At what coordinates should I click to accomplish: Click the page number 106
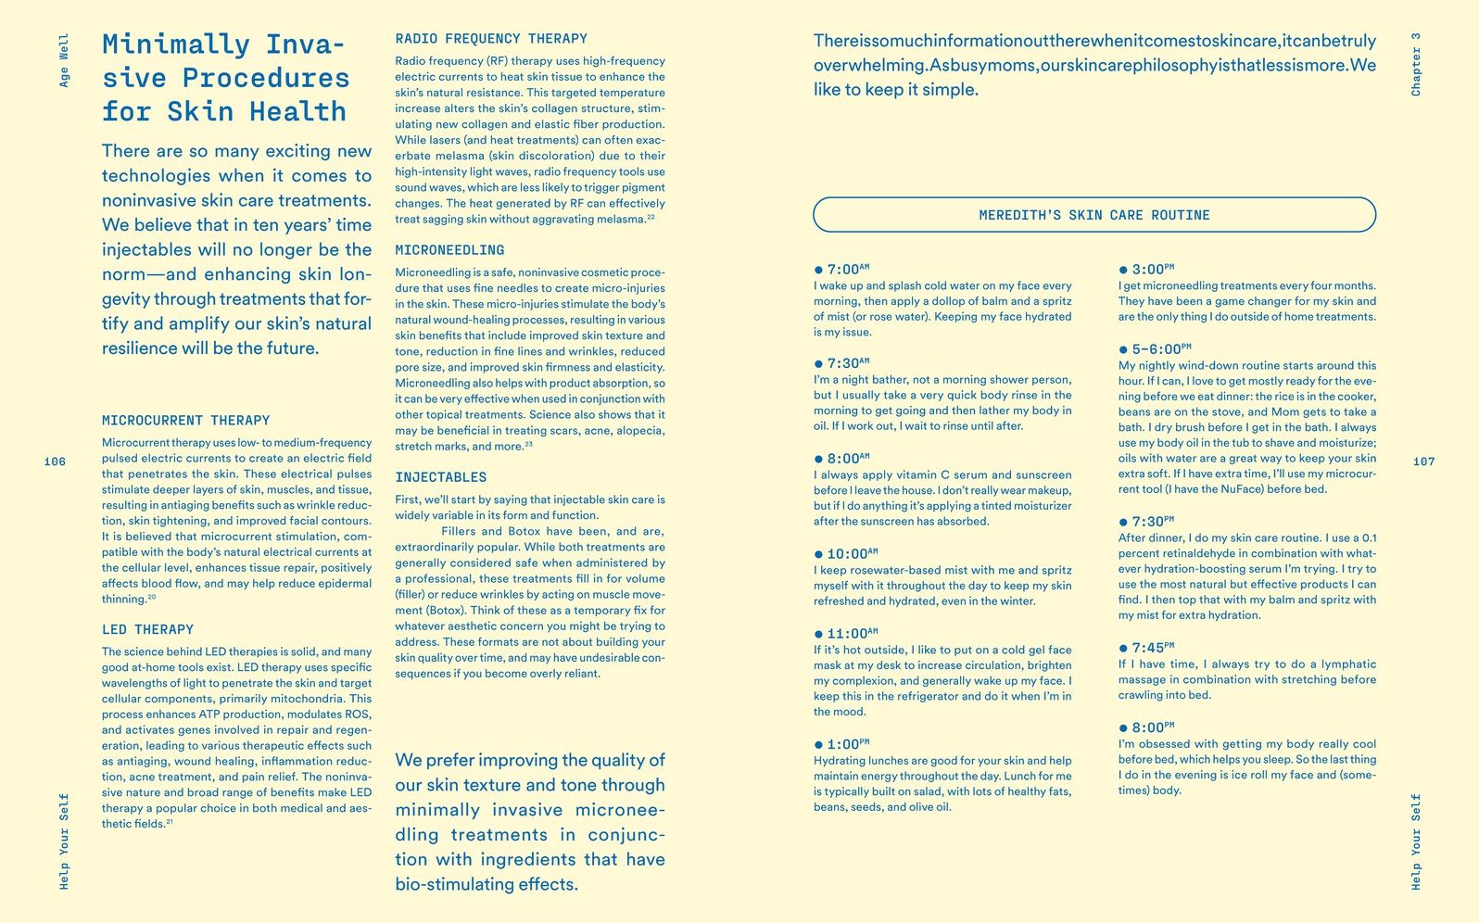[55, 461]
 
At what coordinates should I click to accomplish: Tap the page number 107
[1423, 461]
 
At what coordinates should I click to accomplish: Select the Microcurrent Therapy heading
[185, 421]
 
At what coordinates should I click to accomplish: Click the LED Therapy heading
[147, 629]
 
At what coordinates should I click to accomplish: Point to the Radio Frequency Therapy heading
[490, 39]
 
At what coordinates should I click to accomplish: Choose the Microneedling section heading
[449, 250]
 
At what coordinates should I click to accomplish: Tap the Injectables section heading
[440, 477]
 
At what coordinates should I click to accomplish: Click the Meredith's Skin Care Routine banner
[1093, 215]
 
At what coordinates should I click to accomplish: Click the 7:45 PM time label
[1152, 648]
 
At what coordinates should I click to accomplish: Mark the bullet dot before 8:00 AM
[818, 459]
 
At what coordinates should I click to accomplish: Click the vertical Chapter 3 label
[1415, 64]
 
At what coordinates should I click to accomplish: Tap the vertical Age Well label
[64, 60]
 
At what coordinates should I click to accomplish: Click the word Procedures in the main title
[265, 78]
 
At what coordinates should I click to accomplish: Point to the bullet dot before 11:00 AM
[818, 634]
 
